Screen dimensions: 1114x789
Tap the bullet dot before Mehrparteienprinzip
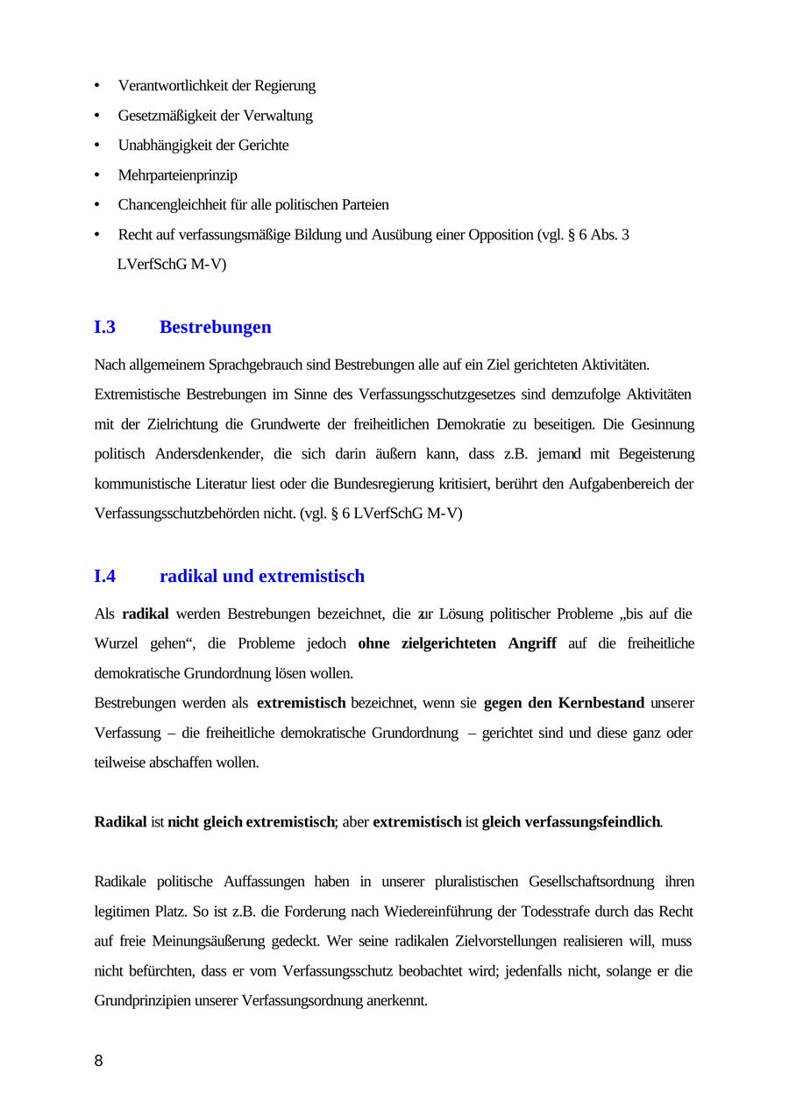coord(96,175)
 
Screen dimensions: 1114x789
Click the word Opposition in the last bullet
coord(500,235)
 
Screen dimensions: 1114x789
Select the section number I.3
coord(104,327)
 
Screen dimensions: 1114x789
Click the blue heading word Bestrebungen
coord(216,327)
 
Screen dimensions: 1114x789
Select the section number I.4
coord(104,576)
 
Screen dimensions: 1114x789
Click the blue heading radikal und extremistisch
coord(262,576)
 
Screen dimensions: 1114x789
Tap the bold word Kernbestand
coord(601,703)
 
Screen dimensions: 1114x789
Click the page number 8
coord(98,1061)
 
